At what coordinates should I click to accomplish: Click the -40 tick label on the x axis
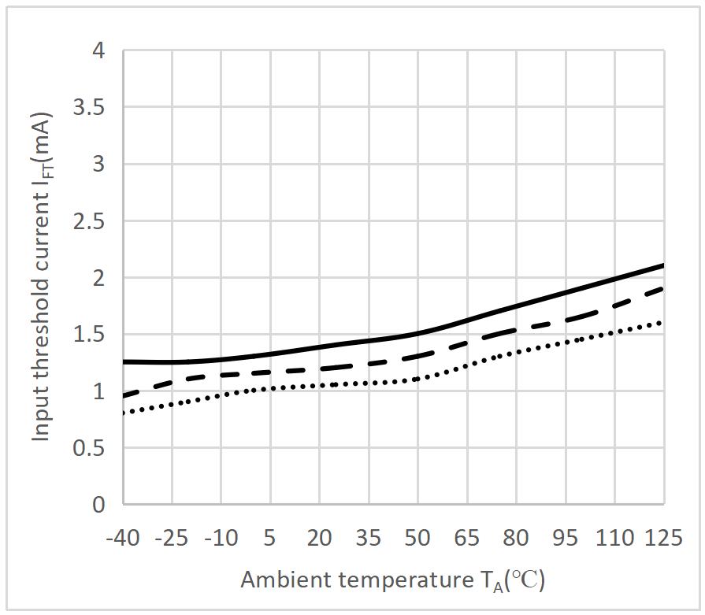(x=124, y=539)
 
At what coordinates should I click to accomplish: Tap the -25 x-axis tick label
(x=173, y=539)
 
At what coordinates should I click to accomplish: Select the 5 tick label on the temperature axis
(x=270, y=539)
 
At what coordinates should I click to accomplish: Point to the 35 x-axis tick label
(x=369, y=539)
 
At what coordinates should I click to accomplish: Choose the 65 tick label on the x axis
(x=467, y=539)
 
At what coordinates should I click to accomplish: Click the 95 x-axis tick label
(x=565, y=539)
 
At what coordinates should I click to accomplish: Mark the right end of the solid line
(x=663, y=265)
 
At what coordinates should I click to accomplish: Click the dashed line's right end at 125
(x=663, y=288)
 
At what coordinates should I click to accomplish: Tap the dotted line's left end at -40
(x=124, y=413)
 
